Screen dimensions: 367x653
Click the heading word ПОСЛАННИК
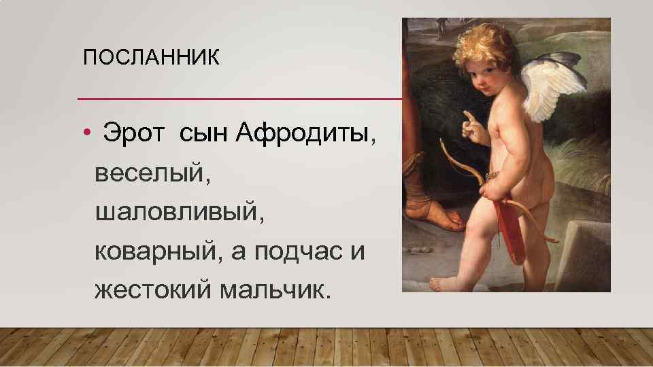(151, 58)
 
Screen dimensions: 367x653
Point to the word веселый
(153, 173)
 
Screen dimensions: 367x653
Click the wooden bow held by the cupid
(463, 163)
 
